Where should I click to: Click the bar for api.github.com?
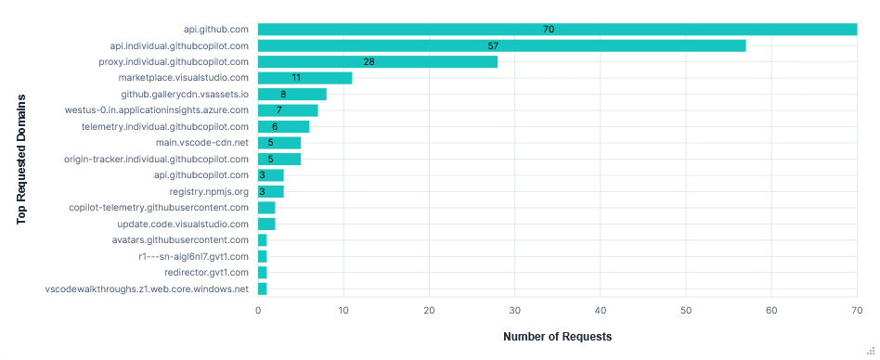[557, 29]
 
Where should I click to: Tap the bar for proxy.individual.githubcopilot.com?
[377, 61]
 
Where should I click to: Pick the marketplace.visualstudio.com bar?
[304, 78]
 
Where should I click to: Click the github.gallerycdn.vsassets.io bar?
[291, 94]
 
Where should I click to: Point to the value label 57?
[494, 45]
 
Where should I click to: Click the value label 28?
[369, 61]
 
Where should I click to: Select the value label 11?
[296, 78]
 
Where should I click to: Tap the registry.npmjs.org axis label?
[209, 191]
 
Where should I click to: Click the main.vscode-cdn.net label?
[202, 142]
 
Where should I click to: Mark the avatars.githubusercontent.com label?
[187, 239]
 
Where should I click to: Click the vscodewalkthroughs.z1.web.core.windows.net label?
[147, 289]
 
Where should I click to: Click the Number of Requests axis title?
[557, 336]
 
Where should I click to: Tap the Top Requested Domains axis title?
[20, 158]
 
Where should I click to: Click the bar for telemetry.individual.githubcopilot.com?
[283, 126]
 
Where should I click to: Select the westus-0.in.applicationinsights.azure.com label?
[157, 109]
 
